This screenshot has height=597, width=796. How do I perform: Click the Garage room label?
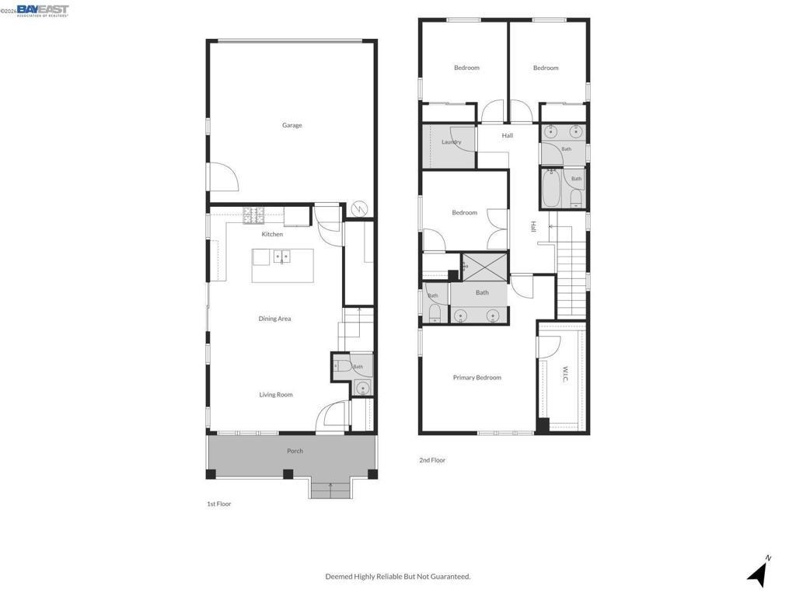[292, 125]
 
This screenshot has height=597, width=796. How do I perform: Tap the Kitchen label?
[272, 234]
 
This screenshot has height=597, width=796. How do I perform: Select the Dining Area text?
[274, 319]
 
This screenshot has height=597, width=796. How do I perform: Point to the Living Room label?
[276, 394]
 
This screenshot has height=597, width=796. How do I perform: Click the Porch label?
[295, 451]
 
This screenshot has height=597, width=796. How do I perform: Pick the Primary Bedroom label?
[477, 378]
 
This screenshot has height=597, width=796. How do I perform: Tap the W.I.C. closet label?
[565, 374]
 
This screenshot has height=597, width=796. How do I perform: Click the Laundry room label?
[452, 142]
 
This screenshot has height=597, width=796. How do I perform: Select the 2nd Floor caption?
[432, 460]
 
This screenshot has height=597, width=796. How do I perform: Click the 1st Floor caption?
[218, 504]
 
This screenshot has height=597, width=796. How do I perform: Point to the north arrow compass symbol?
[759, 572]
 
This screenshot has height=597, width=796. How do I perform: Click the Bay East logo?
[43, 11]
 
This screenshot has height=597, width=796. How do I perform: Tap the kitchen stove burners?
[254, 216]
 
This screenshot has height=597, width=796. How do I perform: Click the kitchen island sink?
[281, 257]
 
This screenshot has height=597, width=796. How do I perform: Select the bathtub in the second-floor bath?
[551, 189]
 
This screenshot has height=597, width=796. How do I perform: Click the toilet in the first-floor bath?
[341, 365]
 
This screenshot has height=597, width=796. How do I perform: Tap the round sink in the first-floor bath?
[362, 389]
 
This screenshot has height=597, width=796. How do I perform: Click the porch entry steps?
[331, 490]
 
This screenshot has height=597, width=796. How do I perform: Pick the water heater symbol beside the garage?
[359, 208]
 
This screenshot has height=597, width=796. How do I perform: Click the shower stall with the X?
[485, 267]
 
